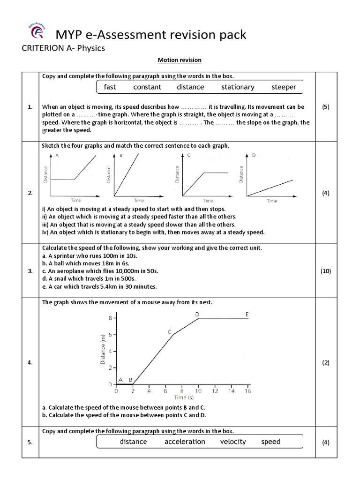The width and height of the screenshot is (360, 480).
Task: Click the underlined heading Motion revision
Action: [x=180, y=60]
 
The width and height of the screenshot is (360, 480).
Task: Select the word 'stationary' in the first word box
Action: [x=238, y=87]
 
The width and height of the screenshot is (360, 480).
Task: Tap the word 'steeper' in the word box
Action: [x=284, y=87]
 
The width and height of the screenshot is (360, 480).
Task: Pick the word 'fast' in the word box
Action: [x=110, y=87]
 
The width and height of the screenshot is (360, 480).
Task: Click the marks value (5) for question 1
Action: [x=326, y=107]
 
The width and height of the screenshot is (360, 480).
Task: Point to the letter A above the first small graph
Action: [x=57, y=155]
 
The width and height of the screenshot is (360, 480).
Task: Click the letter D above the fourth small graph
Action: [x=254, y=155]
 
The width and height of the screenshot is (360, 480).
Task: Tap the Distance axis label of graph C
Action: [x=177, y=174]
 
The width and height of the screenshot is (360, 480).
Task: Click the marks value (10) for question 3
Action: [x=326, y=271]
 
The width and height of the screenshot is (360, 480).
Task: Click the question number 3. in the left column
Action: [x=30, y=271]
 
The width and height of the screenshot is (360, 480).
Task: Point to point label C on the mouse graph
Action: [x=170, y=332]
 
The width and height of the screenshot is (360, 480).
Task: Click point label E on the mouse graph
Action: [x=247, y=314]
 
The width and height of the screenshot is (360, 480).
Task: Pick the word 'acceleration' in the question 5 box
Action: [x=185, y=442]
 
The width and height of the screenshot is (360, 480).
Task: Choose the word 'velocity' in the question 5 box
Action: [x=233, y=442]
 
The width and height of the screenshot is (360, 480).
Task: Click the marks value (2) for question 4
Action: [x=326, y=362]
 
